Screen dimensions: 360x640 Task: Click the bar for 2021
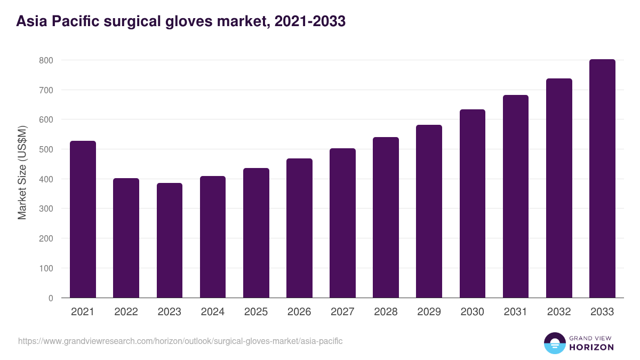click(x=83, y=219)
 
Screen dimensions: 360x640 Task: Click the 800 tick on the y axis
click(x=46, y=60)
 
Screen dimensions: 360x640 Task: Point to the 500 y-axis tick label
click(x=46, y=149)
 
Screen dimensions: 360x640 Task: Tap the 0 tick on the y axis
click(x=51, y=298)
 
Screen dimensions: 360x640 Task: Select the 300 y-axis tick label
click(x=46, y=209)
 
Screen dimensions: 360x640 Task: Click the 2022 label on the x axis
click(x=126, y=312)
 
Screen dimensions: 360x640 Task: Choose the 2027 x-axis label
click(x=342, y=312)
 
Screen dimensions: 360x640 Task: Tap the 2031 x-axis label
click(x=515, y=312)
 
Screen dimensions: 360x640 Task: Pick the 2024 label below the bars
click(x=213, y=312)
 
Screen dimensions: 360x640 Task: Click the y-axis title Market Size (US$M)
click(x=22, y=173)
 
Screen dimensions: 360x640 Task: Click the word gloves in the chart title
click(x=189, y=21)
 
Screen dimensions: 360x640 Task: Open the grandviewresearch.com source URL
click(x=180, y=341)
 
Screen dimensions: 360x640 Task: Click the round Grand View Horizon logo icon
click(x=554, y=343)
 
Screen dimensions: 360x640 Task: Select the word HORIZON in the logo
click(x=591, y=347)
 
